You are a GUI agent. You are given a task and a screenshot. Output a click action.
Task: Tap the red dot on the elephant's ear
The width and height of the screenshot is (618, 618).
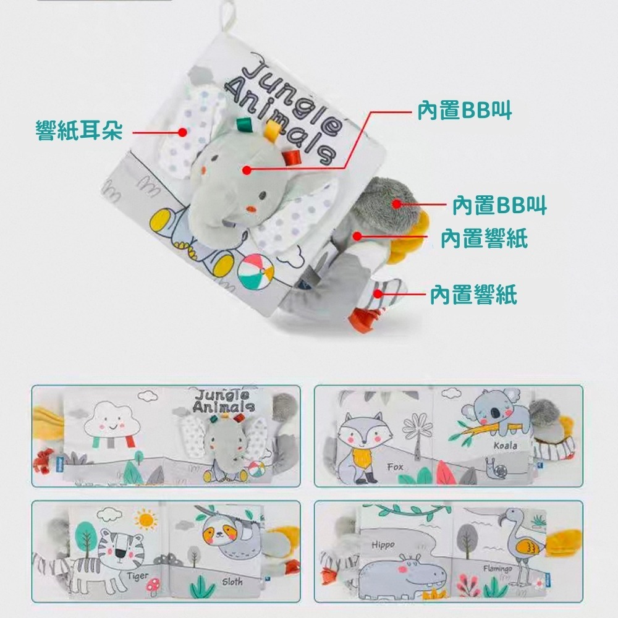tap(182, 132)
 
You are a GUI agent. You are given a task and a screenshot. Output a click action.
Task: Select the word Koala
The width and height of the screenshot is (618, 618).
tap(505, 445)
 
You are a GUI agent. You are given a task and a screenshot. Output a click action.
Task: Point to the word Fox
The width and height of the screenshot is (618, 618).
tap(395, 467)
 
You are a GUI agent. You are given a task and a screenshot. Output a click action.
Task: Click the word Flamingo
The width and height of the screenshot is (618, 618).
tap(497, 568)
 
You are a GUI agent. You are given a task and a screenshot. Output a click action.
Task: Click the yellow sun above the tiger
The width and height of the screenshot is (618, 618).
tap(146, 519)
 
